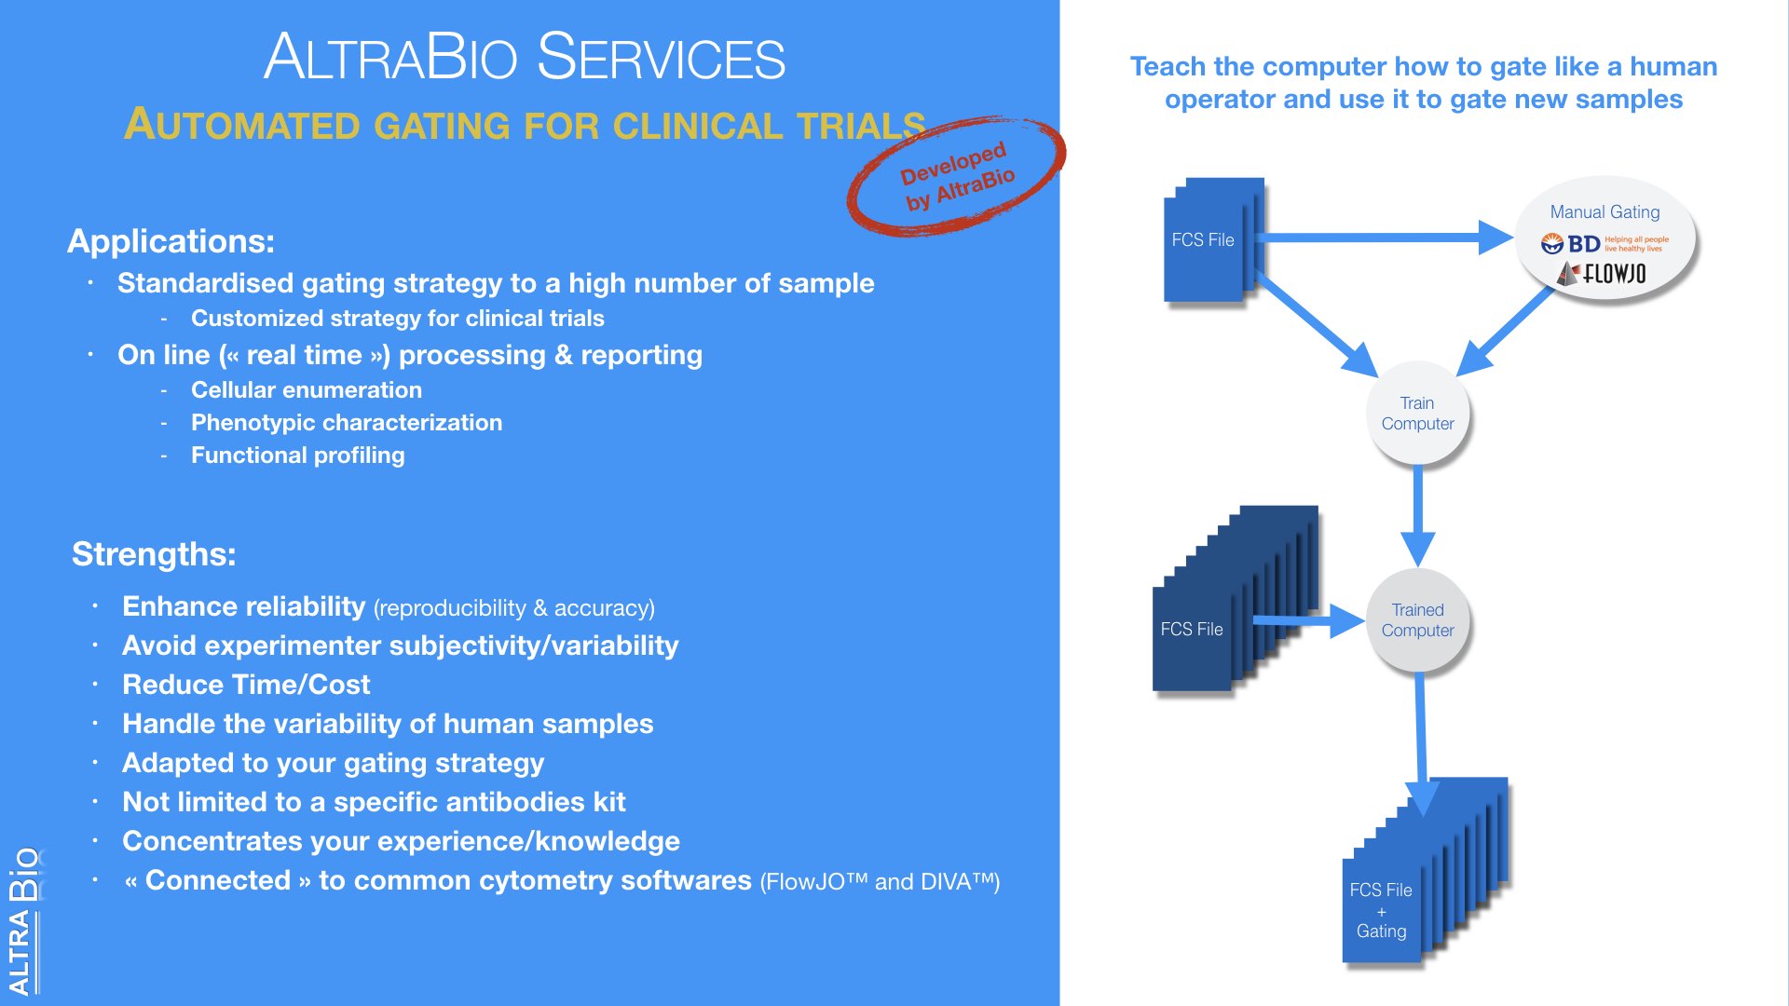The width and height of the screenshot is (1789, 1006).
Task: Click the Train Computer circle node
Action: click(1417, 414)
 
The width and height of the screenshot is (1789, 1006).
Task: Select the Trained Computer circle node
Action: click(1417, 620)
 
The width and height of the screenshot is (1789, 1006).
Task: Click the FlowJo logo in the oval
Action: click(1603, 274)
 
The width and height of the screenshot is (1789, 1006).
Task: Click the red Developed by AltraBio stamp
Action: click(956, 175)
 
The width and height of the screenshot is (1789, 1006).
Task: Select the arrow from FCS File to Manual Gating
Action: click(1379, 238)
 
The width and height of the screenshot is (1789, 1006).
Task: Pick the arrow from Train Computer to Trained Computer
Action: click(1417, 517)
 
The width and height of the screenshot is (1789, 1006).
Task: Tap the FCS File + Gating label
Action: click(1381, 910)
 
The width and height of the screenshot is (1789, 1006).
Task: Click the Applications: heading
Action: click(171, 241)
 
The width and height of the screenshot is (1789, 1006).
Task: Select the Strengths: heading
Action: click(154, 554)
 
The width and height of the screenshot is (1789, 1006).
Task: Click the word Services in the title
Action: click(662, 58)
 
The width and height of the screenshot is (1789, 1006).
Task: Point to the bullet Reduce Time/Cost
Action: click(246, 685)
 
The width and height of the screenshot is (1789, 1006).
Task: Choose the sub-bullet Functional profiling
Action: click(297, 455)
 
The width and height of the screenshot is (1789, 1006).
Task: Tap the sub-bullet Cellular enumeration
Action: click(306, 390)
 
